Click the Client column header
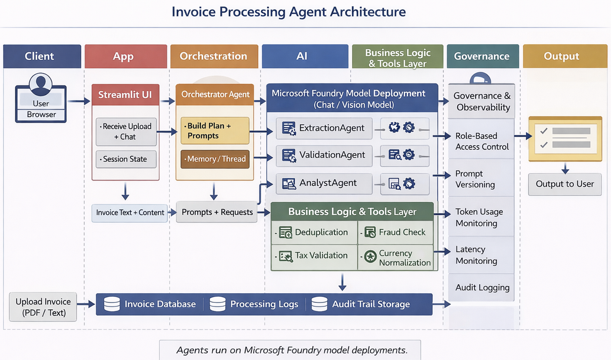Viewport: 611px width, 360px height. [x=42, y=56]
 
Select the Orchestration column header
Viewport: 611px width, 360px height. [x=214, y=56]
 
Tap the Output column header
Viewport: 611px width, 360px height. [x=565, y=56]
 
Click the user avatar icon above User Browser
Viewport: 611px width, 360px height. [x=41, y=84]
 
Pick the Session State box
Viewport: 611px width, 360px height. [x=126, y=159]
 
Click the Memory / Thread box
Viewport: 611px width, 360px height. [x=215, y=159]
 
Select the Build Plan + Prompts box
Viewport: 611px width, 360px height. [x=215, y=130]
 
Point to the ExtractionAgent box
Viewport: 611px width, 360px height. [x=324, y=128]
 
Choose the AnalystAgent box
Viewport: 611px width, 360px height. [x=324, y=184]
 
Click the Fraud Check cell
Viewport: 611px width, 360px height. [x=395, y=232]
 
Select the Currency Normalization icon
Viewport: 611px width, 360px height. [x=371, y=257]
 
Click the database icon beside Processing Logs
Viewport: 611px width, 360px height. [x=217, y=304]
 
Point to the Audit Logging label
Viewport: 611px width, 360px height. [x=483, y=288]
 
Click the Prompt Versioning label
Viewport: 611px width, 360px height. [x=475, y=179]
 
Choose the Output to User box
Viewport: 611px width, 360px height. [x=565, y=184]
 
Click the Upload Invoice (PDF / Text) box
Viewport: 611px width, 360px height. [x=43, y=307]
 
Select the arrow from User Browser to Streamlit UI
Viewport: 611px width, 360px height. [x=79, y=101]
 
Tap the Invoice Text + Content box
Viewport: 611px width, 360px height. [x=130, y=213]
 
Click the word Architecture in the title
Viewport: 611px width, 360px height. [x=367, y=12]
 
